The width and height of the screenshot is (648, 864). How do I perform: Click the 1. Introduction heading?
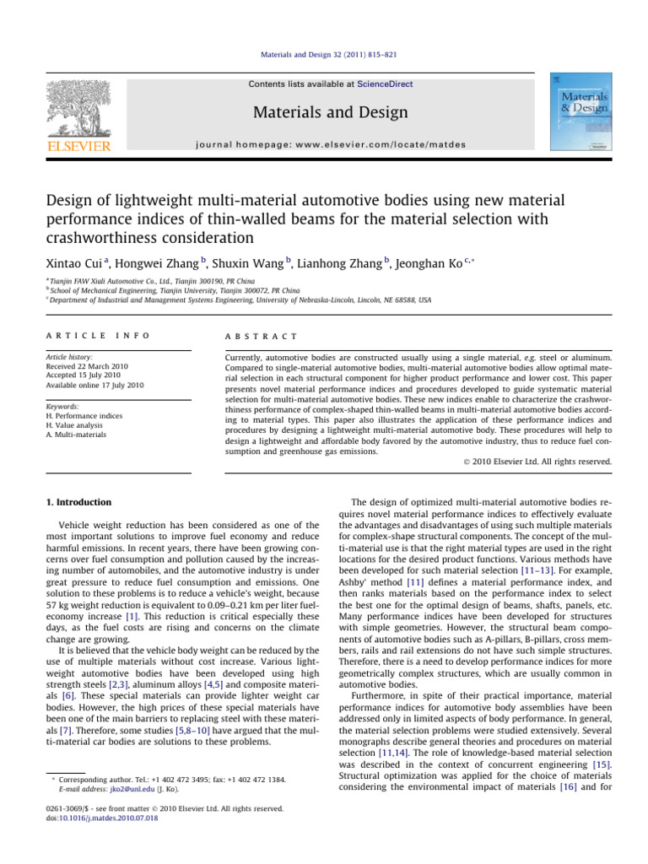[78, 503]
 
